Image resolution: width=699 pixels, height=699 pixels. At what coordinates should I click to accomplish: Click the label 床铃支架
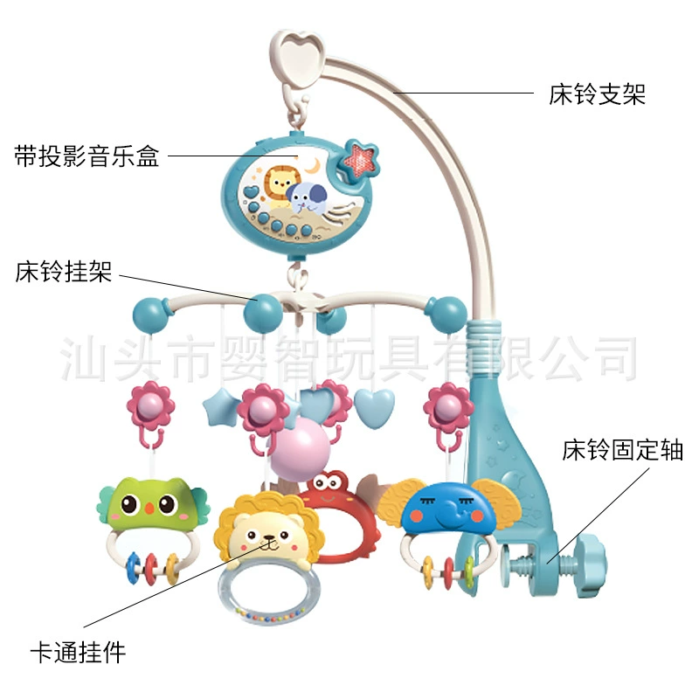pyautogui.click(x=597, y=94)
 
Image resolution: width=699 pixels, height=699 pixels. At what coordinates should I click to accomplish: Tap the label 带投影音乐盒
pyautogui.click(x=87, y=156)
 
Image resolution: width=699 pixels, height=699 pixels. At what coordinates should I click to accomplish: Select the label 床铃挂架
pyautogui.click(x=63, y=272)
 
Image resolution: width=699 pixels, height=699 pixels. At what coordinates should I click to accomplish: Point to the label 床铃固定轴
pyautogui.click(x=622, y=449)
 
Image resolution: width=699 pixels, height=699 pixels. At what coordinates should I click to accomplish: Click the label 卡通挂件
pyautogui.click(x=78, y=653)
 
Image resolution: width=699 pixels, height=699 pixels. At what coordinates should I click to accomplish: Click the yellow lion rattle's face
pyautogui.click(x=266, y=535)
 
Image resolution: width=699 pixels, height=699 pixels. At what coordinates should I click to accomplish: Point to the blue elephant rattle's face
pyautogui.click(x=448, y=509)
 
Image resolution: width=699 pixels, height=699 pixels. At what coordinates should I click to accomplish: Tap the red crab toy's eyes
pyautogui.click(x=329, y=482)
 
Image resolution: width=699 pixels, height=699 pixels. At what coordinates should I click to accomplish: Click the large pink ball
pyautogui.click(x=300, y=448)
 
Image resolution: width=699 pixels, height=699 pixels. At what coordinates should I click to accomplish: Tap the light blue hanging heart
pyautogui.click(x=374, y=406)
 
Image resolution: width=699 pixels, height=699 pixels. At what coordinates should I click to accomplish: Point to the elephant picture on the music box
pyautogui.click(x=307, y=198)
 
